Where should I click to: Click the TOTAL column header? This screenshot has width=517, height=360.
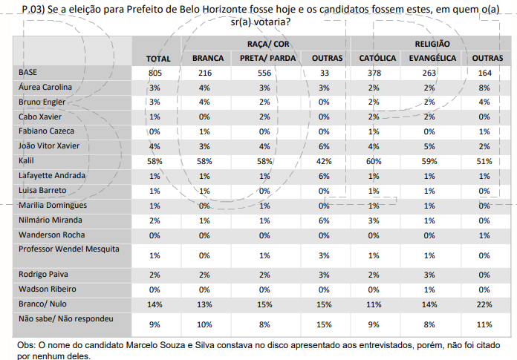coord(158,59)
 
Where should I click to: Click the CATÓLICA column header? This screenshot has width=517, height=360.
coord(377,59)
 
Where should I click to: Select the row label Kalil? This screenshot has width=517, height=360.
coord(27,160)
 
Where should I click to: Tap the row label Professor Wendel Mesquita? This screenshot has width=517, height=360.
coord(68,249)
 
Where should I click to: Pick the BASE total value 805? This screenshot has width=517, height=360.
coord(155,73)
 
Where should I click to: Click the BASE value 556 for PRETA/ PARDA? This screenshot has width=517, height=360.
coord(264,73)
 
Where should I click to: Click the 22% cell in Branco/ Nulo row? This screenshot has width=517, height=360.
coord(483,304)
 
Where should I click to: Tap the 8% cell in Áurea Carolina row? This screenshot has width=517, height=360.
coord(483,88)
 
